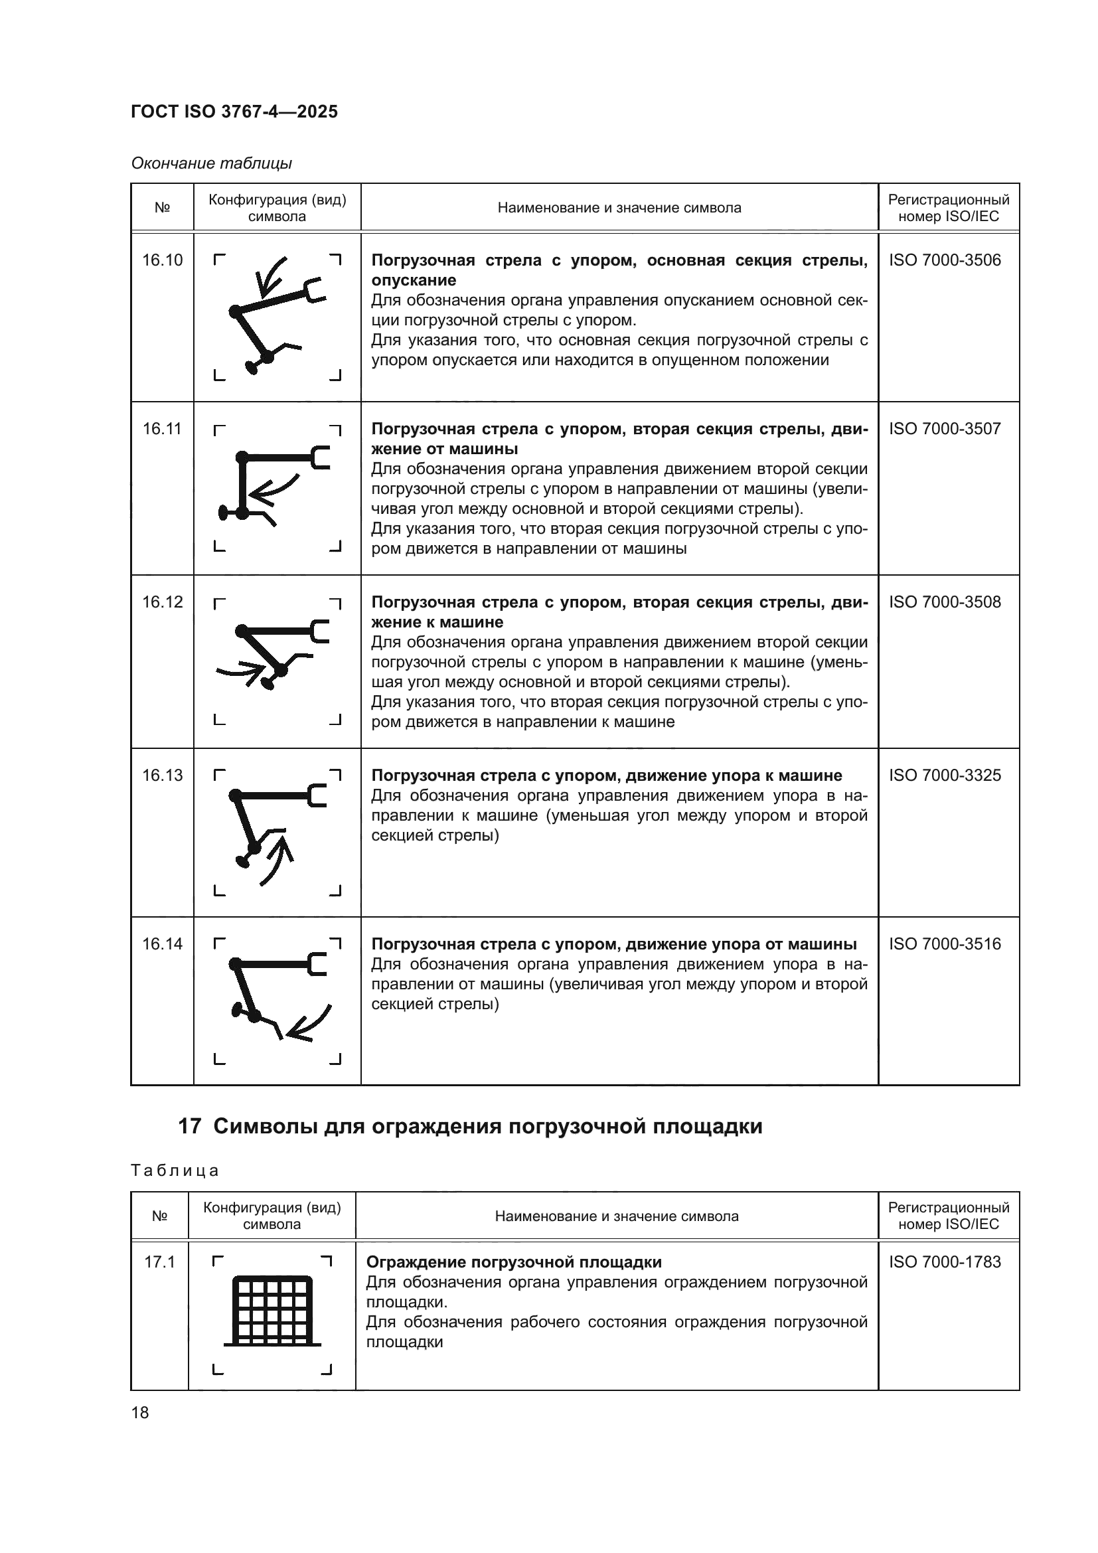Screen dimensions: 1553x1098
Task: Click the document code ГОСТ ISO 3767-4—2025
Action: tap(234, 112)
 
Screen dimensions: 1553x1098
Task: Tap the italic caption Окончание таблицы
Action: tap(211, 163)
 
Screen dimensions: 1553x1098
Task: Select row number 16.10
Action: tap(162, 260)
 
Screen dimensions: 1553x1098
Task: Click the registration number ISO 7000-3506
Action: tap(945, 260)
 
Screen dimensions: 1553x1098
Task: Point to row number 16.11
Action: tap(162, 429)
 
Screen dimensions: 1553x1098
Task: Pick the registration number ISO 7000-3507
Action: tap(945, 429)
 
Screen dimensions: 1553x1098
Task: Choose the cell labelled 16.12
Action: tap(162, 602)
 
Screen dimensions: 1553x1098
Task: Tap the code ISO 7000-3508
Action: tap(945, 602)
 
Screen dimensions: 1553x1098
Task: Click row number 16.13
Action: tap(162, 775)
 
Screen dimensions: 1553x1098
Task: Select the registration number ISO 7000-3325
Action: tap(945, 775)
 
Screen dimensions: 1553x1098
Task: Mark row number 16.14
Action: tap(162, 943)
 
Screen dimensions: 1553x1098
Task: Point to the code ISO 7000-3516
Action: tap(945, 943)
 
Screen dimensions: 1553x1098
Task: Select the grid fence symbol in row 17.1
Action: tap(272, 1311)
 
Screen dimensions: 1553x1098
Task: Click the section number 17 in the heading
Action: tap(190, 1126)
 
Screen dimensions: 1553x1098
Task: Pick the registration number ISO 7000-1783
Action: tap(945, 1262)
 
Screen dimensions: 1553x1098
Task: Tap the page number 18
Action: tap(140, 1412)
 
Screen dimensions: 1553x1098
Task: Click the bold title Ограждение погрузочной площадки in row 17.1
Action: tap(513, 1262)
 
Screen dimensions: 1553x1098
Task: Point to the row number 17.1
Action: tap(159, 1262)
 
